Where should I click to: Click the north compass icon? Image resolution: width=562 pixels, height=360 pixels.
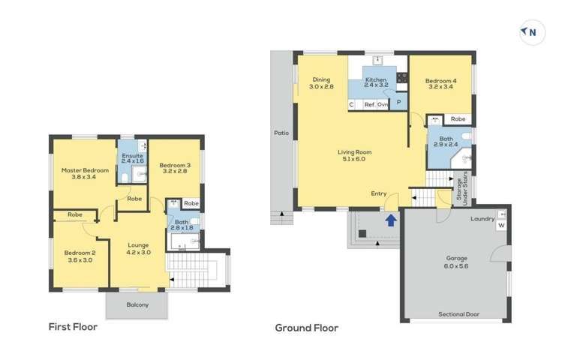pos(532,32)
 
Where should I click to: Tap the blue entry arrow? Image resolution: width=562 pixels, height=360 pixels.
pos(391,220)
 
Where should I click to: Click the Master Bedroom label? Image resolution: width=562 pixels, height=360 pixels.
pos(85,170)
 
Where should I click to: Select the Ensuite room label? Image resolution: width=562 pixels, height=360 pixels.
pos(132,156)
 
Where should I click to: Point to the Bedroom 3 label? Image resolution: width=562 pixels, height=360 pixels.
pos(175,165)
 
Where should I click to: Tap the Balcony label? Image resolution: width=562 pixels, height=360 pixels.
pos(137,304)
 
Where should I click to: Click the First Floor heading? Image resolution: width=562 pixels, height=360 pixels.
pos(73,327)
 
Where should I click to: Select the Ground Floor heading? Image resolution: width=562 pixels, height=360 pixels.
pos(307,328)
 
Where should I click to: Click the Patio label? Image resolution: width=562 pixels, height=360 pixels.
pos(281,133)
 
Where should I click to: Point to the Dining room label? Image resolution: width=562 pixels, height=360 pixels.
pos(321,79)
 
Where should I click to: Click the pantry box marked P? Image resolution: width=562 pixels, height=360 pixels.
pos(398,103)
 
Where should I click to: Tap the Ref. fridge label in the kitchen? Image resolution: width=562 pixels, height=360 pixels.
pos(369,104)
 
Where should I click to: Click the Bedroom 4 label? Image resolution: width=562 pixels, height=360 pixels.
pos(441,81)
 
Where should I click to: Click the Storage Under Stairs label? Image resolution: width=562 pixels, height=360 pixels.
pos(462,188)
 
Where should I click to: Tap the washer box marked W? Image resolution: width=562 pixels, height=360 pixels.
pos(501,225)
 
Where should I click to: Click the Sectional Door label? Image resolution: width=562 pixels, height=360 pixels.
pos(458,314)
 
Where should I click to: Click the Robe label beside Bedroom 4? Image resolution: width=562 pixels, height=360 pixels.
pos(458,119)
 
